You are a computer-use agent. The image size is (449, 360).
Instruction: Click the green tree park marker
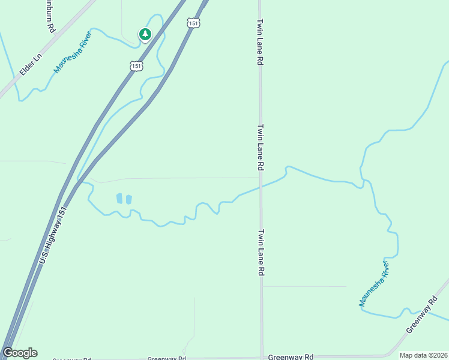[145, 34]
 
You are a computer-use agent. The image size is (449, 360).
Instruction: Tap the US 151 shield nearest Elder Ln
[137, 65]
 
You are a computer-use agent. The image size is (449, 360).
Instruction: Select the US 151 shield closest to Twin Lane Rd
[192, 22]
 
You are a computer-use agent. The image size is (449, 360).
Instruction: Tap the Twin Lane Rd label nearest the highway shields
[260, 41]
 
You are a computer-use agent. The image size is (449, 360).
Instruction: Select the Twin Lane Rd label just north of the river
[261, 148]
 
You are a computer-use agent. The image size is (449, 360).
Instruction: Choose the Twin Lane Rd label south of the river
[261, 252]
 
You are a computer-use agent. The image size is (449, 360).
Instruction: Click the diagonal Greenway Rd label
[423, 315]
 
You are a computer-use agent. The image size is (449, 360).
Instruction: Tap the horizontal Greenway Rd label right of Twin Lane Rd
[291, 356]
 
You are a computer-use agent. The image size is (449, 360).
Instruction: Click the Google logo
[20, 353]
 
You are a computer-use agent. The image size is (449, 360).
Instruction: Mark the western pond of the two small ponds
[119, 198]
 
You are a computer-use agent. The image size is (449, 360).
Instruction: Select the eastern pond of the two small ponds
[128, 199]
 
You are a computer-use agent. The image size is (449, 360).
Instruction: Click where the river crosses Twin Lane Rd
[261, 187]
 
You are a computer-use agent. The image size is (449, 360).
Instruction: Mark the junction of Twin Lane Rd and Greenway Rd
[262, 356]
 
